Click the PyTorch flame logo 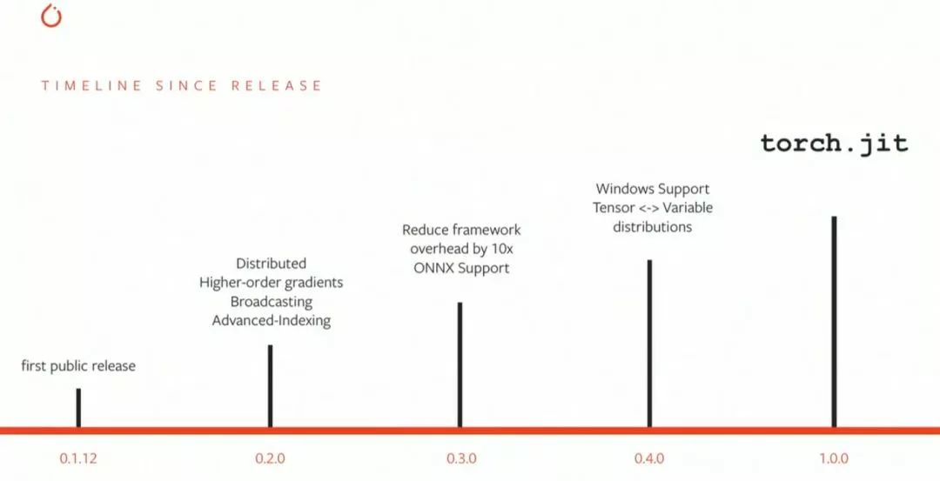click(x=51, y=17)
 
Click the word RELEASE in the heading click(x=276, y=86)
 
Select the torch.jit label click(x=834, y=143)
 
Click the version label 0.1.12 click(x=78, y=458)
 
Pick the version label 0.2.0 click(x=270, y=458)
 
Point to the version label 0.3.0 click(x=460, y=458)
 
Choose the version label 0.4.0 click(x=649, y=458)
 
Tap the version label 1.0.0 click(x=833, y=458)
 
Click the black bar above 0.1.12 click(x=78, y=407)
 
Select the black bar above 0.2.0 click(x=270, y=385)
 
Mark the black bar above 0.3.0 click(x=460, y=364)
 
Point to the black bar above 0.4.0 click(x=649, y=343)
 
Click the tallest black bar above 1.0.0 click(x=834, y=321)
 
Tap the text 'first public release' click(x=78, y=366)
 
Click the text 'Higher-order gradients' click(x=271, y=282)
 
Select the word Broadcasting click(x=271, y=301)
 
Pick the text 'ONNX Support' click(x=460, y=268)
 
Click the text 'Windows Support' click(x=652, y=189)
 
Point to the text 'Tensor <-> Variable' click(x=652, y=208)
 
